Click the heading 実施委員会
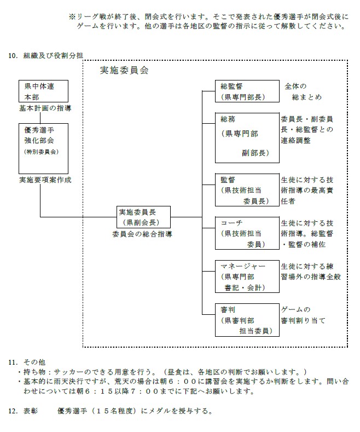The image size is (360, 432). (125, 71)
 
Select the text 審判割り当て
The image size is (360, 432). (303, 320)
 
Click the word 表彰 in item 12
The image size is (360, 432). (31, 411)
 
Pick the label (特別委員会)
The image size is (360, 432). (42, 152)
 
